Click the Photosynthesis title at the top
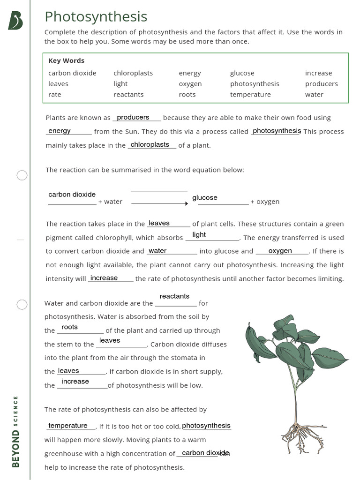(x=96, y=17)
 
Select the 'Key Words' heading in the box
(x=66, y=60)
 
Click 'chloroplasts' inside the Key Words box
(x=133, y=73)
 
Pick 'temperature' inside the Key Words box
(x=250, y=95)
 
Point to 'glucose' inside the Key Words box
(x=242, y=73)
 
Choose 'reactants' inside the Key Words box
(x=128, y=95)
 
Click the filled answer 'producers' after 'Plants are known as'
(x=133, y=117)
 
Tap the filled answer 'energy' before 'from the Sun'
(x=60, y=131)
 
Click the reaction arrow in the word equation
(x=159, y=203)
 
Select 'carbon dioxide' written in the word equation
(x=72, y=195)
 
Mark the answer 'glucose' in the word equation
(x=205, y=198)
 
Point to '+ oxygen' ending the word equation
(x=265, y=202)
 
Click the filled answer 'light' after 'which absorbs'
(x=199, y=234)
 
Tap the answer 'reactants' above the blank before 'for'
(x=174, y=296)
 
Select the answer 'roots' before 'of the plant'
(x=69, y=327)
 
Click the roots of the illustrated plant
(x=296, y=434)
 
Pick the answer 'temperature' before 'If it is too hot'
(x=68, y=426)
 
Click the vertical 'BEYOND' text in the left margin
(x=16, y=449)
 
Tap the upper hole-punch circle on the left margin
(x=22, y=176)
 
